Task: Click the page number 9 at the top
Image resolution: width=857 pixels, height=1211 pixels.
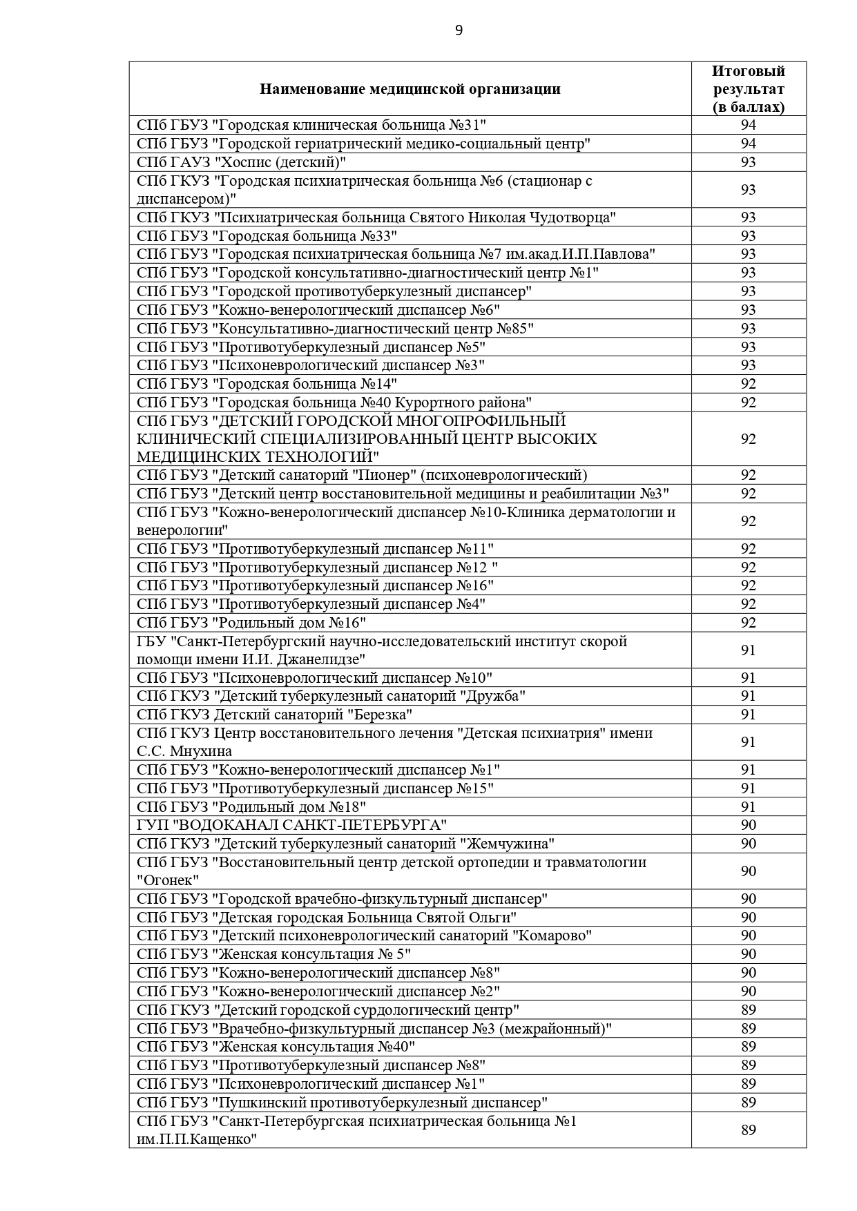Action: click(459, 30)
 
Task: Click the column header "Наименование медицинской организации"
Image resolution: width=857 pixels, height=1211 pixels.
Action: click(410, 89)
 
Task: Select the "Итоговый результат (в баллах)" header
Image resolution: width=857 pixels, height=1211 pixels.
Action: click(749, 89)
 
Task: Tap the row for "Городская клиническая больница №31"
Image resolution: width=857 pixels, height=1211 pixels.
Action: click(311, 125)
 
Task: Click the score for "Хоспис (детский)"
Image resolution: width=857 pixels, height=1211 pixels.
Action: click(749, 162)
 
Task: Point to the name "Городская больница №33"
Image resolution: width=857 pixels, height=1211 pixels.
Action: click(305, 236)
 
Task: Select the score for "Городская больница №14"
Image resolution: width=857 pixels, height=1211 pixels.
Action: click(749, 384)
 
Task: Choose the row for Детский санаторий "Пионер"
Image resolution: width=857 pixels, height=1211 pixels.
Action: click(362, 475)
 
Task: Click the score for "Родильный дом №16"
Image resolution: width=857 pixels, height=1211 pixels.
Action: click(749, 623)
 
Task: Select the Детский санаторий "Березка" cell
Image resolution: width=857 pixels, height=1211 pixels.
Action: click(274, 715)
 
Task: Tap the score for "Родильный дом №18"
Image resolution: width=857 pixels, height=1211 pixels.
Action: click(749, 807)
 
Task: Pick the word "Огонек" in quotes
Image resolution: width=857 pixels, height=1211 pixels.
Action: click(168, 880)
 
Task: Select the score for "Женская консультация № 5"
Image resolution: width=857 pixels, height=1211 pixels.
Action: click(749, 954)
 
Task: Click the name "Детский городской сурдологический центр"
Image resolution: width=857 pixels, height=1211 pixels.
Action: click(367, 1010)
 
